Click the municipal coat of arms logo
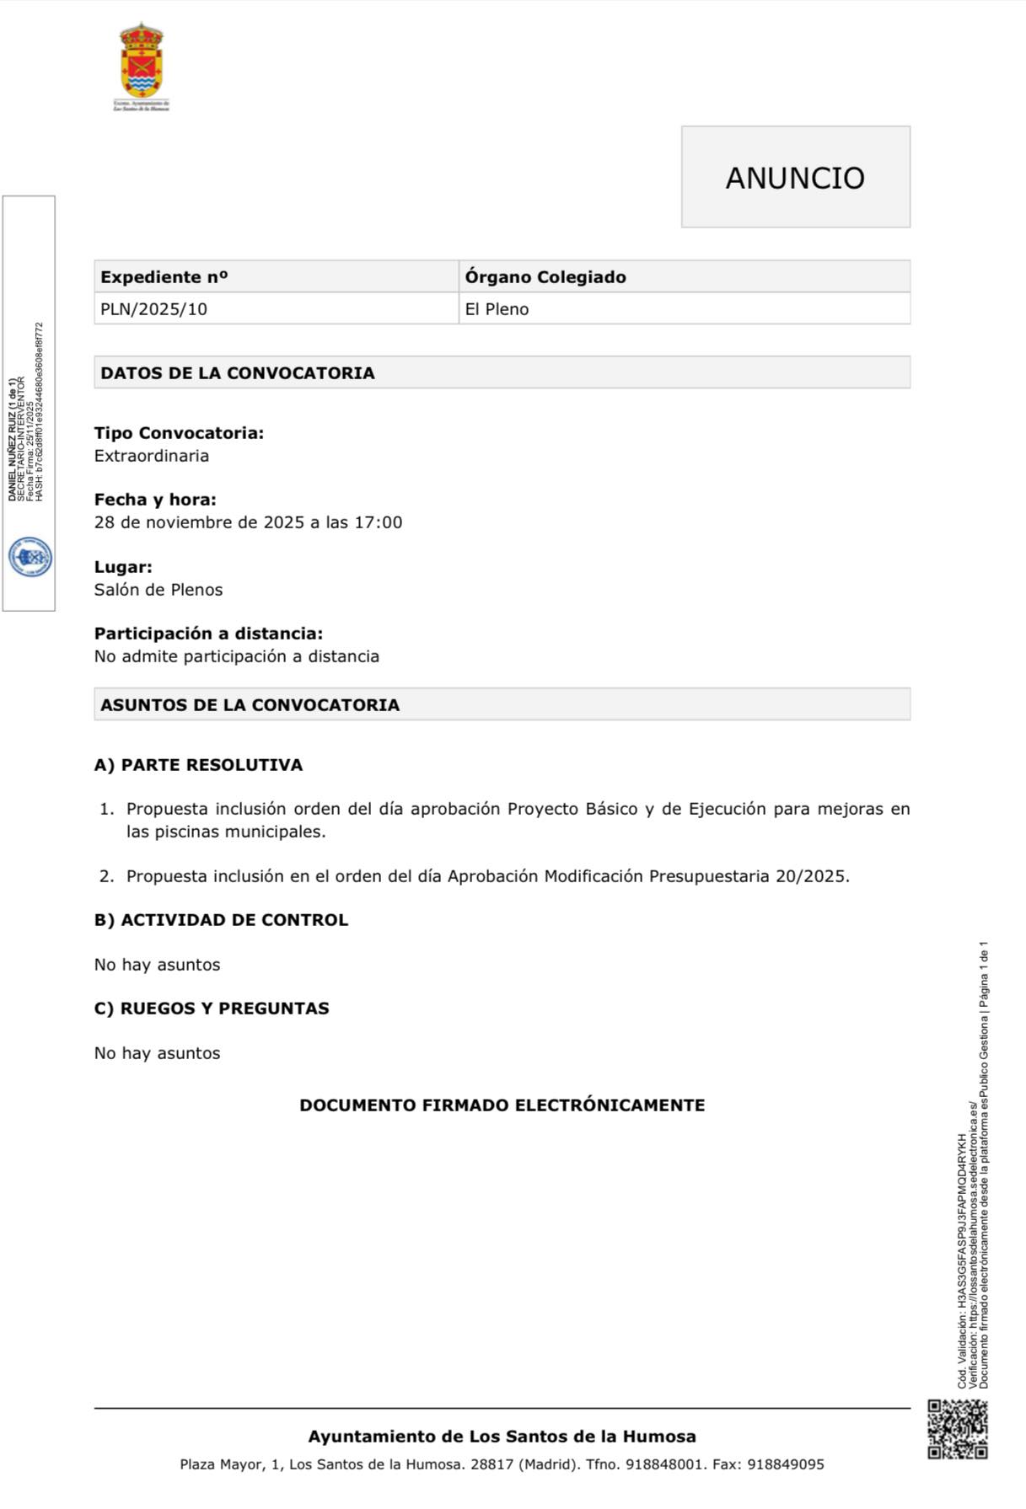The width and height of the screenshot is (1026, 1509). [x=142, y=66]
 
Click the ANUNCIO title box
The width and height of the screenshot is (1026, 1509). [x=795, y=177]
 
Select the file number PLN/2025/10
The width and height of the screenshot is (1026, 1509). [x=153, y=309]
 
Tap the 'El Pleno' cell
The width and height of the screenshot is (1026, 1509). [x=497, y=309]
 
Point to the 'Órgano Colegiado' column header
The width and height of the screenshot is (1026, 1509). [x=545, y=277]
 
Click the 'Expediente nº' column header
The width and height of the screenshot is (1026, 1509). [x=164, y=277]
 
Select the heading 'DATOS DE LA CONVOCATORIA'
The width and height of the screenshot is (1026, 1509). [x=237, y=372]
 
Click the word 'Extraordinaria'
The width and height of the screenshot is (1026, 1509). [x=151, y=456]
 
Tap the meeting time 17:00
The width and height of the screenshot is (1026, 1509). [x=378, y=522]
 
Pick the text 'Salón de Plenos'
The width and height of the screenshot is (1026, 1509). [x=158, y=590]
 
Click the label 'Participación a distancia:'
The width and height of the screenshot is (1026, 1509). [x=208, y=634]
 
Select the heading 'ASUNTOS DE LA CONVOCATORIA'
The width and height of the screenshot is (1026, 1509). [x=250, y=704]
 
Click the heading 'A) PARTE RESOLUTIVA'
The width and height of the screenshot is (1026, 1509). [x=198, y=765]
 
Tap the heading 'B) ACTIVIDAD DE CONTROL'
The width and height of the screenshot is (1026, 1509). [x=221, y=920]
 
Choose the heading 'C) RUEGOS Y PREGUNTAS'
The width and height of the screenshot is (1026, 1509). [x=212, y=1009]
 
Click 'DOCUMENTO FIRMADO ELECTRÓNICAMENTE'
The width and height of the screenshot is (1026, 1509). [x=502, y=1105]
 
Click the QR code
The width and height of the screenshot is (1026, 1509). [x=957, y=1429]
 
